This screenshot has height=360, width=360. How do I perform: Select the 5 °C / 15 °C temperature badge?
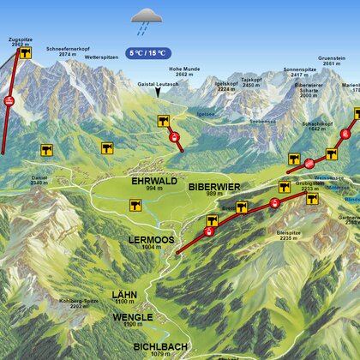click(147, 52)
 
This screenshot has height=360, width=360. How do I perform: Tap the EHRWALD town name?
click(153, 182)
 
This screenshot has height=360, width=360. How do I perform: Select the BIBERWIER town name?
click(213, 185)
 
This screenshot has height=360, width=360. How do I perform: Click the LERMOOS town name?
click(151, 238)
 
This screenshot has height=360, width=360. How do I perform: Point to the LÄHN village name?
click(124, 294)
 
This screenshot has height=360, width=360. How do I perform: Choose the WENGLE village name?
click(132, 316)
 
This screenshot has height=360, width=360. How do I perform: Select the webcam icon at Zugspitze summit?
click(26, 53)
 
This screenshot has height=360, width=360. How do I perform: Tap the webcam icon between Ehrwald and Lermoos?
click(135, 205)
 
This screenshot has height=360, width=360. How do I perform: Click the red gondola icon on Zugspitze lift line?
click(9, 102)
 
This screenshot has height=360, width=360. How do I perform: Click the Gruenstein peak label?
click(332, 59)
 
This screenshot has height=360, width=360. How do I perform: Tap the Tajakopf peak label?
click(250, 80)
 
